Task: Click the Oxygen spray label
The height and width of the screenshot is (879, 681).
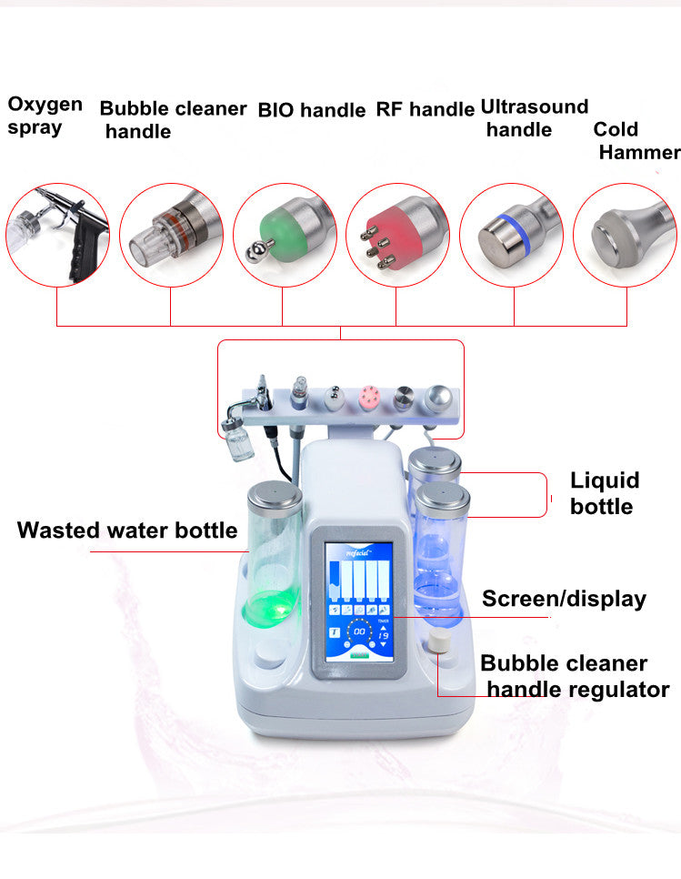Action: (x=45, y=116)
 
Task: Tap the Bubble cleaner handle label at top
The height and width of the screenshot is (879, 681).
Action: (x=172, y=120)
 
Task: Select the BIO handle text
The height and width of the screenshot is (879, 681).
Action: (x=311, y=111)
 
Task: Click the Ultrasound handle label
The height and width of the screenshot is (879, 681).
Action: (x=534, y=118)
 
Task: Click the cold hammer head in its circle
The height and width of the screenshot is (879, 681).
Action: (x=625, y=235)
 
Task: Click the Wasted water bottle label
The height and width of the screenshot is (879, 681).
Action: (x=126, y=530)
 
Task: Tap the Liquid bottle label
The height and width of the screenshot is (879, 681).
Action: (x=605, y=493)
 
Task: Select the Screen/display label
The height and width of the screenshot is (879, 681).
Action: (x=564, y=599)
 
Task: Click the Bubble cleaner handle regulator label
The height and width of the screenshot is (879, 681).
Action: (x=575, y=676)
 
